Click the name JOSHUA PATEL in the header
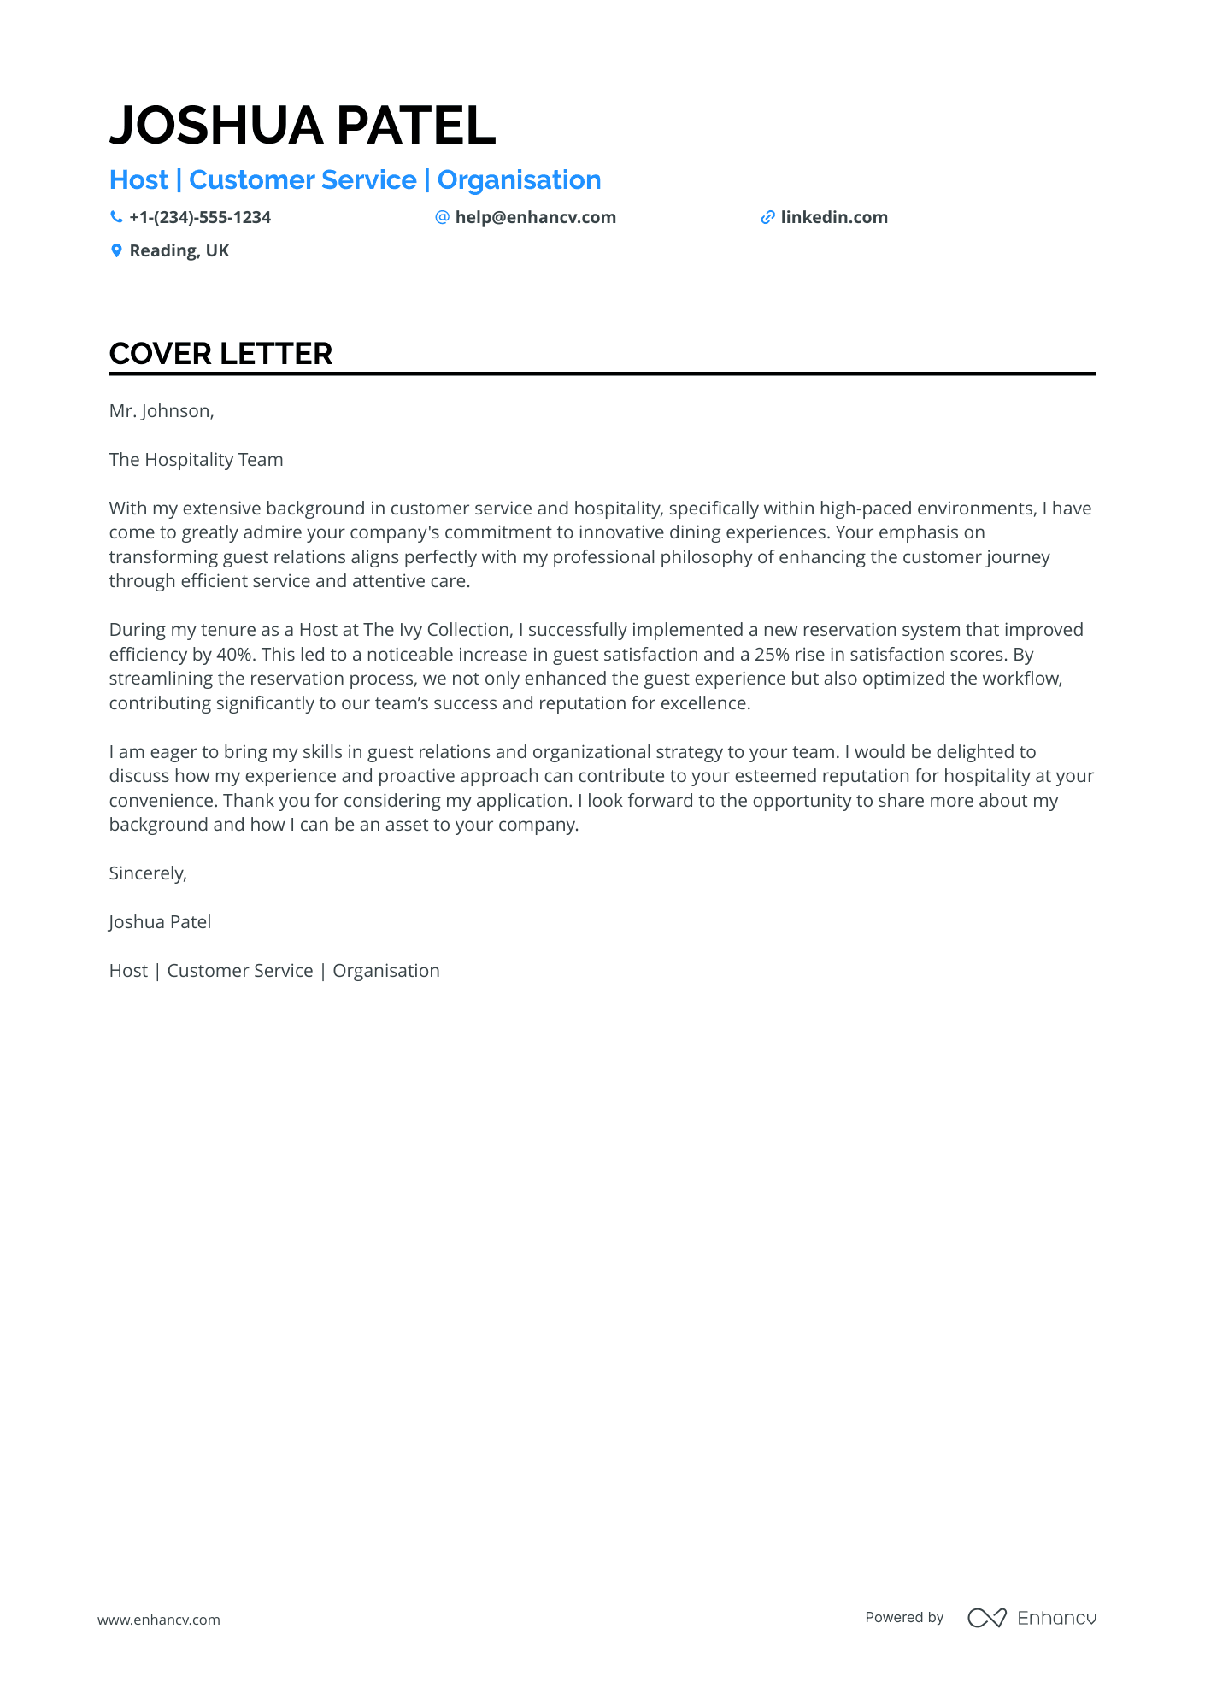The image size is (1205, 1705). coord(303,126)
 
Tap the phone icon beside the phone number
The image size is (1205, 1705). coord(116,217)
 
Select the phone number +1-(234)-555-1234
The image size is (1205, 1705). coord(200,217)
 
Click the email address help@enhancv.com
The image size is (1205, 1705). coord(535,217)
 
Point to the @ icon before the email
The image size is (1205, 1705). coord(442,217)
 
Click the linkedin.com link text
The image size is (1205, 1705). coord(834,217)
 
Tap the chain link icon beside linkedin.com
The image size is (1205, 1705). coord(767,217)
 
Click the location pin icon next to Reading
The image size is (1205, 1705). coord(116,250)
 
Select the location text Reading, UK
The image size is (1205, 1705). coord(179,250)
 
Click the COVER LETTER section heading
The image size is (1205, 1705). coord(220,354)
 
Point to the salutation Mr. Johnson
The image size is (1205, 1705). coord(161,411)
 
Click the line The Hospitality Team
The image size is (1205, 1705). coord(196,460)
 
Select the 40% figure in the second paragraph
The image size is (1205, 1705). coord(235,655)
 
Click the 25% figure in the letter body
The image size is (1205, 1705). coord(772,655)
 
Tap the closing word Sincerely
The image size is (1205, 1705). coord(147,873)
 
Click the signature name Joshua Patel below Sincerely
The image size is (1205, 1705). coord(160,922)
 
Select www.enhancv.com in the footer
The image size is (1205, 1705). coord(159,1620)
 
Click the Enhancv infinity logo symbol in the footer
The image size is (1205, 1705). coord(986,1618)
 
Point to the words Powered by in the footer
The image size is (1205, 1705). coord(904,1617)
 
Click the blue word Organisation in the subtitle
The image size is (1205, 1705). coord(519,180)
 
